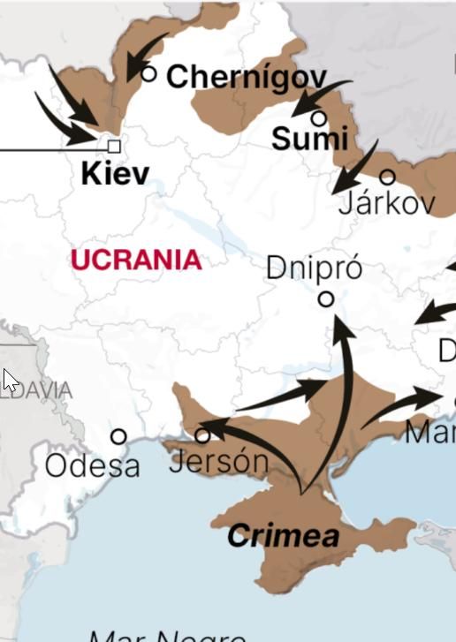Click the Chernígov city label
click(246, 78)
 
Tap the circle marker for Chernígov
click(149, 73)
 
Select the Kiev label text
click(115, 173)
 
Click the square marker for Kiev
click(114, 146)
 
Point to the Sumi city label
click(309, 139)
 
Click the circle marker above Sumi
click(319, 117)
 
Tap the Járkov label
click(387, 204)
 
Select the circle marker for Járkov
click(387, 177)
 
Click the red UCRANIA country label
click(136, 261)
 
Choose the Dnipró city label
click(314, 268)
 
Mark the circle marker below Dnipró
click(326, 299)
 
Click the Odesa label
click(92, 465)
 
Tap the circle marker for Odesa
click(118, 436)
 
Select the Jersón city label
click(217, 461)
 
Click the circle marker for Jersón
click(202, 435)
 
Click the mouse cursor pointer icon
click(10, 381)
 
